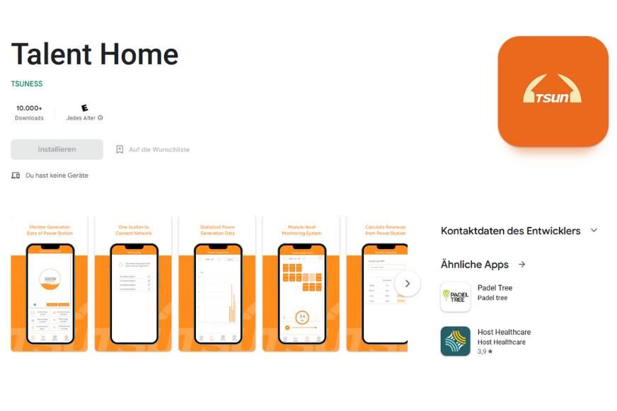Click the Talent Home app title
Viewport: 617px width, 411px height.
click(95, 54)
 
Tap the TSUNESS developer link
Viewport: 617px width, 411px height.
click(27, 83)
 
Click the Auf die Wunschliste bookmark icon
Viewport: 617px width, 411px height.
click(120, 149)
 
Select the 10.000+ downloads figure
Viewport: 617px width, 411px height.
click(29, 108)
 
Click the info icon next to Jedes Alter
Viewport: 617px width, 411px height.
click(100, 118)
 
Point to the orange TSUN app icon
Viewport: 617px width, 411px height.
click(553, 91)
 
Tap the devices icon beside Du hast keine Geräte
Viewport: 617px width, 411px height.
click(16, 175)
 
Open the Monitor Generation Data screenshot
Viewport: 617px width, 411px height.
click(49, 284)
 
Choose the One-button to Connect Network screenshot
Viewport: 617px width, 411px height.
click(133, 284)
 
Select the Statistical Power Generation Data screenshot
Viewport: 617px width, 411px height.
click(217, 284)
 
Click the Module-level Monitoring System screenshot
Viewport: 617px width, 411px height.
click(301, 284)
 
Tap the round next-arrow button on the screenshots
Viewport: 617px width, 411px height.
click(407, 284)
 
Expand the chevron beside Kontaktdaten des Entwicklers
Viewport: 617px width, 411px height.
click(594, 231)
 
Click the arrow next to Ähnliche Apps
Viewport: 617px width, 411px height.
click(521, 265)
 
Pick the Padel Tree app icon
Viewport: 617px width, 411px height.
click(455, 297)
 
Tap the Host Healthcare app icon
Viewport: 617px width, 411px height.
click(455, 341)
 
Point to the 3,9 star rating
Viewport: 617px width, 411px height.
click(485, 352)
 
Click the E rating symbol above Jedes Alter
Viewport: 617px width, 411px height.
click(85, 108)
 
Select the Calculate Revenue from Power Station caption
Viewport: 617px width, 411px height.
click(385, 230)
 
